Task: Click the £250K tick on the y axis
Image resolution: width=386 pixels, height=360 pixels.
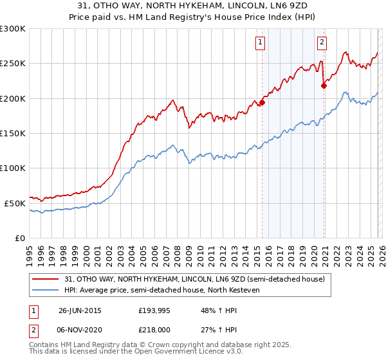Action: coord(13,64)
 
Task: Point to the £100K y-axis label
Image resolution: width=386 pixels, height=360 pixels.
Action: coord(13,168)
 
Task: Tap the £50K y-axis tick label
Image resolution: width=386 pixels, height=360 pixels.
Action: coord(15,203)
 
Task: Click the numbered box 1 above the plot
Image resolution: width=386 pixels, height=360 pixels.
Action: coord(260,43)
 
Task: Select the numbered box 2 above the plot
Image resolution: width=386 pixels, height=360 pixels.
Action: coord(322,43)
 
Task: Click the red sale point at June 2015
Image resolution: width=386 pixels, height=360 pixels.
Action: coord(262,102)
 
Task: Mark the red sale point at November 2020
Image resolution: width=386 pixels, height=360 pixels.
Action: coord(324,85)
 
